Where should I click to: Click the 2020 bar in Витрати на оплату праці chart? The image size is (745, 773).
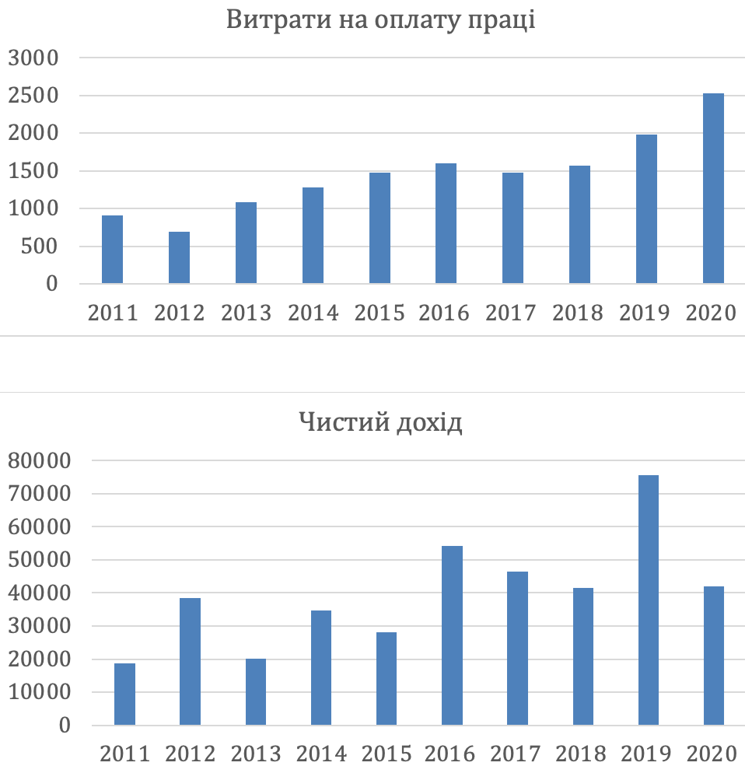coord(713,188)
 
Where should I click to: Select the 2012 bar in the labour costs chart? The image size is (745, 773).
coord(179,257)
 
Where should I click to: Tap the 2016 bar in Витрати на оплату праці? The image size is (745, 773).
coord(446,223)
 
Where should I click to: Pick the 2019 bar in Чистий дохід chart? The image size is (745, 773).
coord(649,600)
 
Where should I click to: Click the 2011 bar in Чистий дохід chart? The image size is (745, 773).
coord(124,694)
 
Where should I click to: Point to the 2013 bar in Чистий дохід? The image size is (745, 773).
coord(255,692)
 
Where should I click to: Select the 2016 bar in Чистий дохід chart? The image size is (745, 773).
coord(452,635)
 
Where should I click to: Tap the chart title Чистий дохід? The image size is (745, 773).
coord(380,424)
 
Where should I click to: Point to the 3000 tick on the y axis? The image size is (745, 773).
coord(33,58)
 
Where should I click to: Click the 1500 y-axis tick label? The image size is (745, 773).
coord(33,172)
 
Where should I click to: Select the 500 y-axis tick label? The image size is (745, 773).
coord(40,247)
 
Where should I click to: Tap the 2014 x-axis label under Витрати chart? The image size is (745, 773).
coord(313,313)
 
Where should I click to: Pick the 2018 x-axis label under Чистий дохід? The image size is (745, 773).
coord(582,754)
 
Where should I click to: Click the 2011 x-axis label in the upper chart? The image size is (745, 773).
coord(113,313)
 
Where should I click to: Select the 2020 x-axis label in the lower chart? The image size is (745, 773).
coord(712,754)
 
